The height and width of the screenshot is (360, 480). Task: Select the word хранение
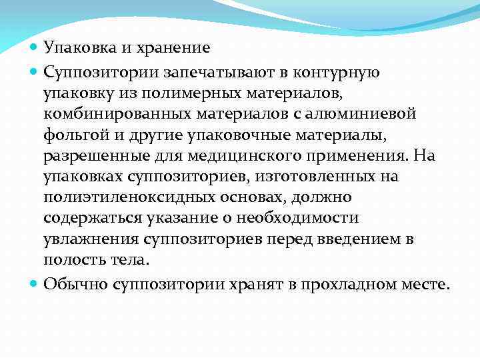point(174,48)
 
